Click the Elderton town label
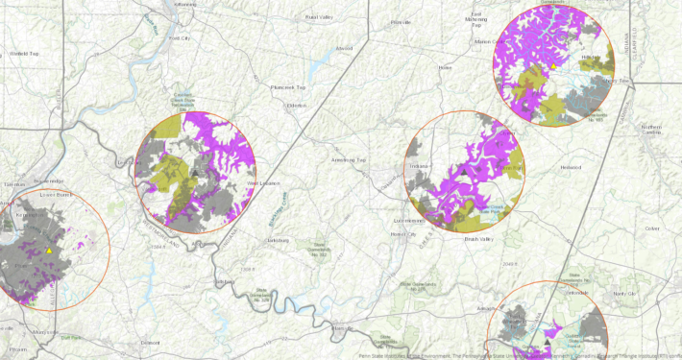click(296, 105)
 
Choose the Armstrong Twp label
click(349, 159)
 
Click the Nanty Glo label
click(624, 292)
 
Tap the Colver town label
click(653, 228)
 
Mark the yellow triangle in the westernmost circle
click(49, 252)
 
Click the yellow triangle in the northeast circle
click(554, 66)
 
